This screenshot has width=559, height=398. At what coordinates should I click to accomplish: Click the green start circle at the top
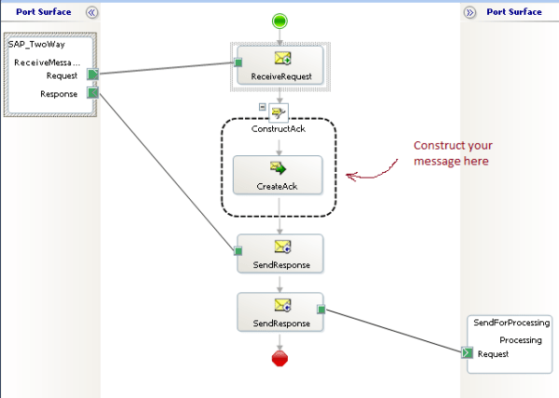pos(279,21)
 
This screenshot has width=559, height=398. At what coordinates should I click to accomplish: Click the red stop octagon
pos(279,360)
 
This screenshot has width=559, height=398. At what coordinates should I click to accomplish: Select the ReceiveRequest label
pos(279,76)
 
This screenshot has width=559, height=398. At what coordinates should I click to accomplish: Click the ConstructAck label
pos(279,128)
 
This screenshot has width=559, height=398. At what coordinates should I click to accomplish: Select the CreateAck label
pos(278,186)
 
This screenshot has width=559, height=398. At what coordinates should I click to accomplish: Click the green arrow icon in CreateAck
pos(278,168)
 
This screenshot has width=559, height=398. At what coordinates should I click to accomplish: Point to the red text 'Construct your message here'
pos(453,153)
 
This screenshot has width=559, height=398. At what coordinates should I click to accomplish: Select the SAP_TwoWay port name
pos(36,44)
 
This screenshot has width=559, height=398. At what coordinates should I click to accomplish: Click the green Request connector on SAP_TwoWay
pos(93,74)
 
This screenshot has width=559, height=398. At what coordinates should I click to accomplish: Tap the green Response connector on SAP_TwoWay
pos(93,92)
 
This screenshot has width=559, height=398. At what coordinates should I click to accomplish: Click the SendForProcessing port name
pos(511,324)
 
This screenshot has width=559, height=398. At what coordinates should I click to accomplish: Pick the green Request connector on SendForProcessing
pos(468,353)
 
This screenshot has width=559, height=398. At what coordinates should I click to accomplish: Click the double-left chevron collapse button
pos(91,12)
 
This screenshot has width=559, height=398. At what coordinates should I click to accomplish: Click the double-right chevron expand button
pos(470,12)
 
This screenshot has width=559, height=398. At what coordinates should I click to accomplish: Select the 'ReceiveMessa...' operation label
pos(47,61)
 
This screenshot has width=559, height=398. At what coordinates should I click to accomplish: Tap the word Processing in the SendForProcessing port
pos(521,339)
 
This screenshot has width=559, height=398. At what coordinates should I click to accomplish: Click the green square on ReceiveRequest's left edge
pos(239,63)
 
